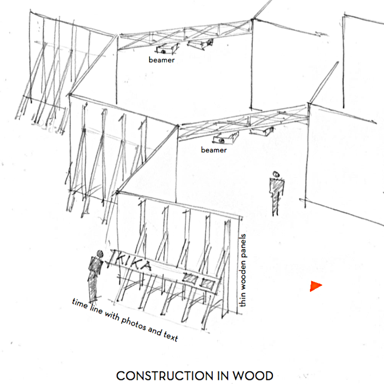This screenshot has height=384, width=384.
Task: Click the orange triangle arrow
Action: click(315, 286)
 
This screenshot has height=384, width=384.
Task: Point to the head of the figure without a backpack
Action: click(275, 174)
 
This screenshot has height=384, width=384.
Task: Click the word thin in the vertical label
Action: click(242, 300)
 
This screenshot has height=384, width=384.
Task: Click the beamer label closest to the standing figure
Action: click(214, 150)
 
